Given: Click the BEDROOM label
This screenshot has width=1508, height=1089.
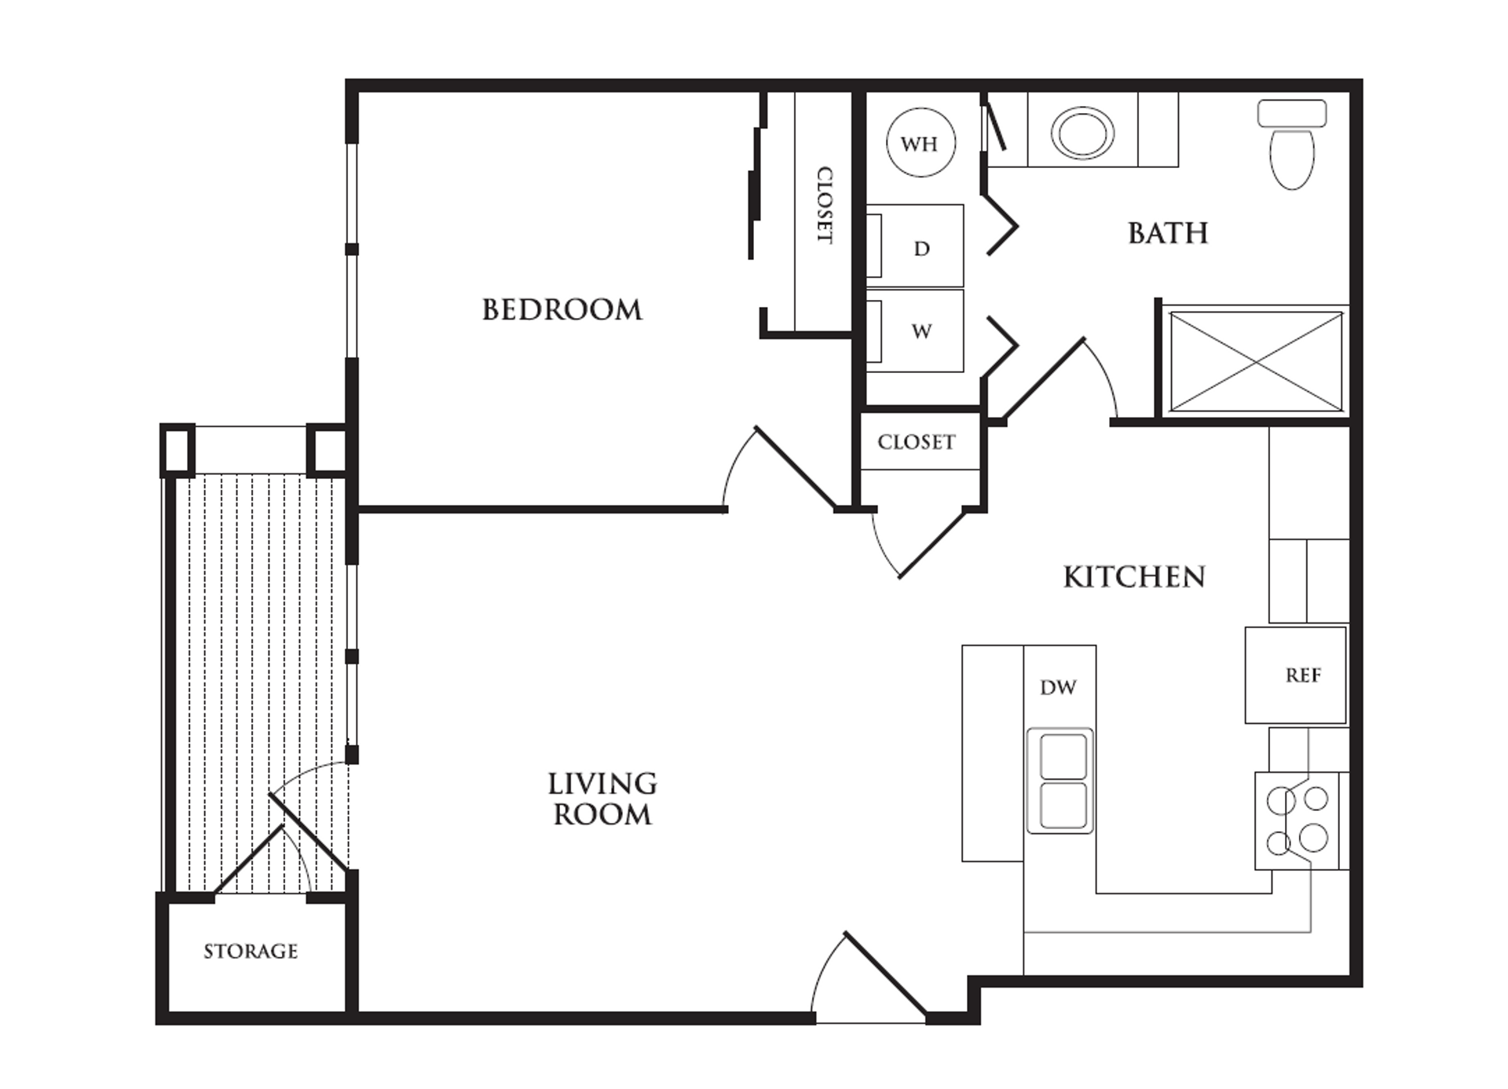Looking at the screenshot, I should point(562,309).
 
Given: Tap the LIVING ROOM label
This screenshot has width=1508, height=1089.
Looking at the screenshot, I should point(602,799).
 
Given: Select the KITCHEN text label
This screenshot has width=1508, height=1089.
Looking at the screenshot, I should point(1134,577).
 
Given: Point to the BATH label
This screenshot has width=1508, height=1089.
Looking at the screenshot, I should point(1168,233).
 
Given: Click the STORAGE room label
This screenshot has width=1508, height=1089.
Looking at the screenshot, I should point(251,952).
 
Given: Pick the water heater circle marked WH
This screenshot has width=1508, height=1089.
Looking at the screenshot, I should point(920,144).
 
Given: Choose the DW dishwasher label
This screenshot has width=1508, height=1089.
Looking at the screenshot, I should point(1058,688).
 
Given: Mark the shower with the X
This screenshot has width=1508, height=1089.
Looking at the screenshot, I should point(1256,362).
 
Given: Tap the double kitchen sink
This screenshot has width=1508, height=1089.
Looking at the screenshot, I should point(1060,781).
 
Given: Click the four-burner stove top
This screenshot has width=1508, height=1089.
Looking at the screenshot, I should point(1298,820).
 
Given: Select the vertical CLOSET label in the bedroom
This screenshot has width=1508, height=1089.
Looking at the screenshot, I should point(824,204).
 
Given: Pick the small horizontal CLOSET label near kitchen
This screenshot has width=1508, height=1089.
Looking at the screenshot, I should point(917,442).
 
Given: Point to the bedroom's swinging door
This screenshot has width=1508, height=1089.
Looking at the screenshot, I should point(793,467).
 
